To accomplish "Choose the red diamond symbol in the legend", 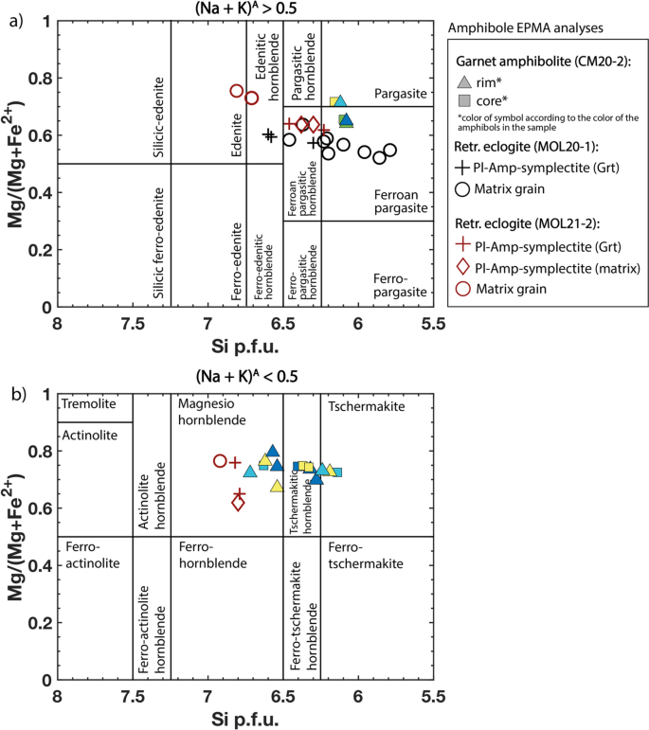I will [x=461, y=269].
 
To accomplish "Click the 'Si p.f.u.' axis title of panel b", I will [x=244, y=717].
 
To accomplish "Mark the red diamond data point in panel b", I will [x=238, y=503].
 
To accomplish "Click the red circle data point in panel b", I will [x=220, y=461].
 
